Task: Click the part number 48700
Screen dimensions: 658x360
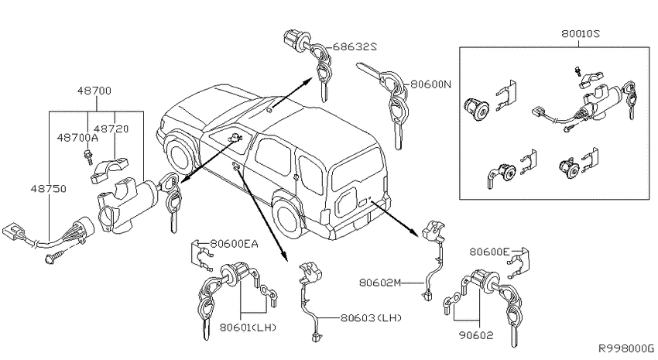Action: point(94,91)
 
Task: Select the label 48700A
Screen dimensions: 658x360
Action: point(77,138)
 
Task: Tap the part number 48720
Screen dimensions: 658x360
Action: point(111,129)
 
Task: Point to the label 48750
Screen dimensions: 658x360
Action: point(48,189)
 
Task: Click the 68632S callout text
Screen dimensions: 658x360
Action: point(355,46)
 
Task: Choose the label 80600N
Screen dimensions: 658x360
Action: point(430,84)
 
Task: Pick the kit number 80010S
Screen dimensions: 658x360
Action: point(581,33)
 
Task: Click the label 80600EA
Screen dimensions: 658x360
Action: point(234,244)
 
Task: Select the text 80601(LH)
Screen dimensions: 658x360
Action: point(248,327)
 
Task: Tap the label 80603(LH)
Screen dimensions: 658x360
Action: point(371,317)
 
